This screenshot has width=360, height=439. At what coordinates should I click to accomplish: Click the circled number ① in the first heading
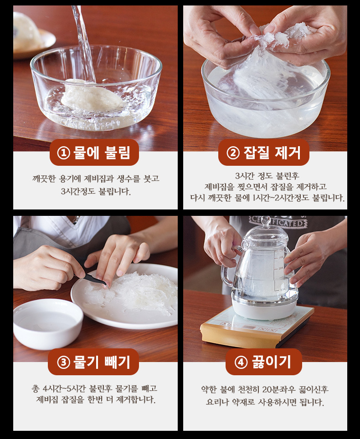point(63,153)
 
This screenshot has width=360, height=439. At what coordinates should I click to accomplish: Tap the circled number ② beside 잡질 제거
point(233,153)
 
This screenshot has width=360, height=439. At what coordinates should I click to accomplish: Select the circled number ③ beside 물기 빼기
point(63,362)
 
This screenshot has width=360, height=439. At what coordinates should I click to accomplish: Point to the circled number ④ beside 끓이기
point(241,362)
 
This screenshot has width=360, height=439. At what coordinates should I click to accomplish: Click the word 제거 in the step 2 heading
point(287,153)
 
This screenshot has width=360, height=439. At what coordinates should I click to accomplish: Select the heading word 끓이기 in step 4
point(272,362)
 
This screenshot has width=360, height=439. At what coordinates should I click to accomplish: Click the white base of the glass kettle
point(265,308)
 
